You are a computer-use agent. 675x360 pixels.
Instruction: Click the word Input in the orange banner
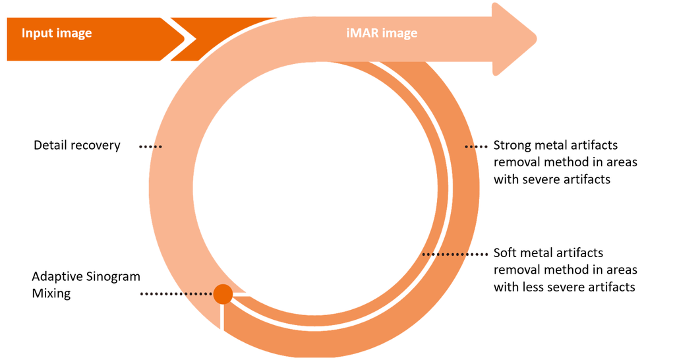(37, 33)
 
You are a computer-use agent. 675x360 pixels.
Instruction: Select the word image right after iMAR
(400, 33)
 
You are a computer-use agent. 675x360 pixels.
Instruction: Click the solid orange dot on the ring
(223, 293)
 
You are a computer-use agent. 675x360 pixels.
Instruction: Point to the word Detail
(51, 145)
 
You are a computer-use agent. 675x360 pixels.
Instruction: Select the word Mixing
(51, 293)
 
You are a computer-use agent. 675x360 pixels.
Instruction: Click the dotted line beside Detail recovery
(150, 146)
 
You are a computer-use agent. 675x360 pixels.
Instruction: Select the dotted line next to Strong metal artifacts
(475, 146)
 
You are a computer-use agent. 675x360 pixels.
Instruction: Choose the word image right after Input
(74, 33)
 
